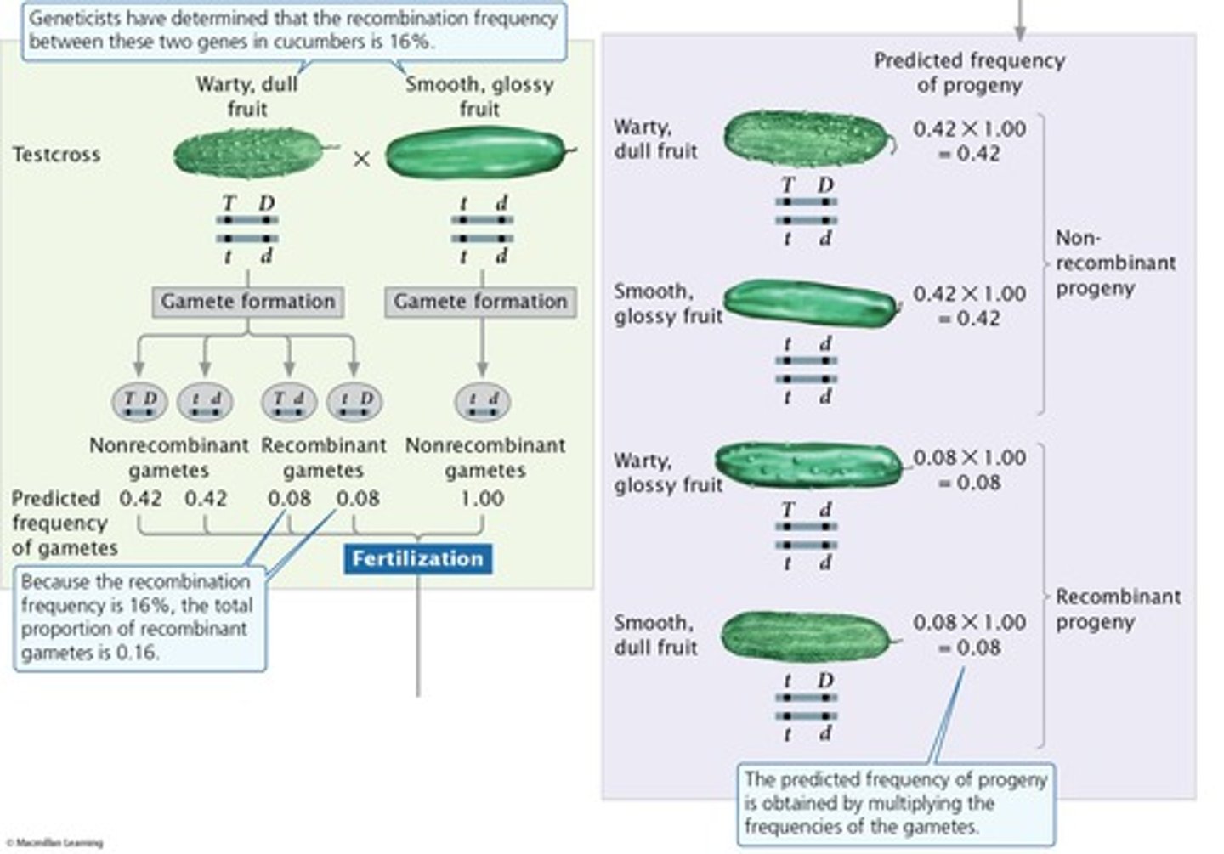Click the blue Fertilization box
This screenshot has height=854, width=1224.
pos(417,558)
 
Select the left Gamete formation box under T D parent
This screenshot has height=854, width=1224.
pos(248,302)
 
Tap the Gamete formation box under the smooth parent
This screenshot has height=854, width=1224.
pos(480,302)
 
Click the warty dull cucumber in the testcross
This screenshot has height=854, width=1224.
pos(248,154)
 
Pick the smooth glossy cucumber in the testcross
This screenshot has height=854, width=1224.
pos(475,153)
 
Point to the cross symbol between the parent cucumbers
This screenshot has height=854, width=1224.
pos(362,159)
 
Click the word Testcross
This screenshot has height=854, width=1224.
pos(56,155)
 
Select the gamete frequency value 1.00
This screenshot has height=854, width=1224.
pos(482,499)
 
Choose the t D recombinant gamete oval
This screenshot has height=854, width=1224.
pos(354,401)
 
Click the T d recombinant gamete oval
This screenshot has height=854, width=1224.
pos(289,401)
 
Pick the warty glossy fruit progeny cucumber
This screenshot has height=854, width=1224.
pos(808,465)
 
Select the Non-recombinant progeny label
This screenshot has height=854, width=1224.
pos(1114,263)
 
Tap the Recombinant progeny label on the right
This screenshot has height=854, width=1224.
pos(1118,608)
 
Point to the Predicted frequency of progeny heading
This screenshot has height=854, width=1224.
pos(969,72)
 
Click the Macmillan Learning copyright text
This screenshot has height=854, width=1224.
pos(54,843)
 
